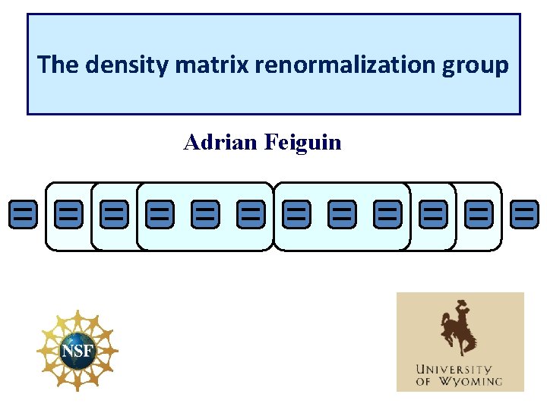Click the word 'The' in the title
click(59, 65)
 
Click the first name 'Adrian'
click(221, 142)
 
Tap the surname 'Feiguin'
click(303, 142)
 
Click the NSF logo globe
click(77, 350)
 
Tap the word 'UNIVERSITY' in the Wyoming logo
click(459, 370)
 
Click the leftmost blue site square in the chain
click(23, 215)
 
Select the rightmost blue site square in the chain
click(524, 215)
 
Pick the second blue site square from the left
click(68, 215)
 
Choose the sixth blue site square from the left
click(251, 215)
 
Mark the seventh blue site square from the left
click(296, 215)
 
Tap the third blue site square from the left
click(114, 215)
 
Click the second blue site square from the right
click(479, 215)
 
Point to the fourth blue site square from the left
click(160, 215)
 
